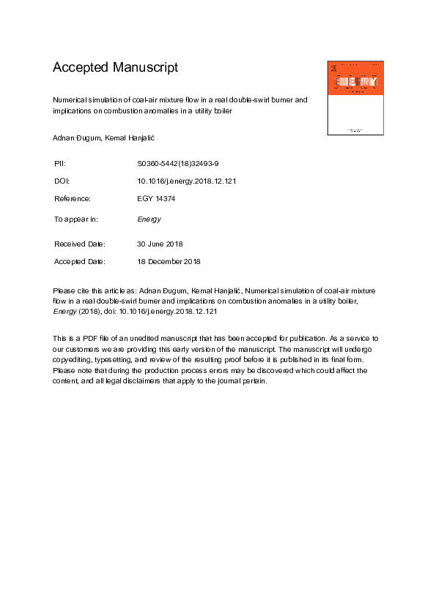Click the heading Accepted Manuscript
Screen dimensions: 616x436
(115, 68)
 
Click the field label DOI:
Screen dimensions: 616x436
(62, 180)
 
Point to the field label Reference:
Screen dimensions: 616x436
(73, 199)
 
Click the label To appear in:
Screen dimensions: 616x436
(76, 219)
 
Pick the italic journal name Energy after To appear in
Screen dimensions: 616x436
(149, 219)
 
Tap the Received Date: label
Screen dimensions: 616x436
(80, 244)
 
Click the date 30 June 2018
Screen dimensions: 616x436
(160, 244)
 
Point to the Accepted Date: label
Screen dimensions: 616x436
(80, 261)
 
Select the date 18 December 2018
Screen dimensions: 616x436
(169, 261)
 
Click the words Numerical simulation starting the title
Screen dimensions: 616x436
(86, 99)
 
